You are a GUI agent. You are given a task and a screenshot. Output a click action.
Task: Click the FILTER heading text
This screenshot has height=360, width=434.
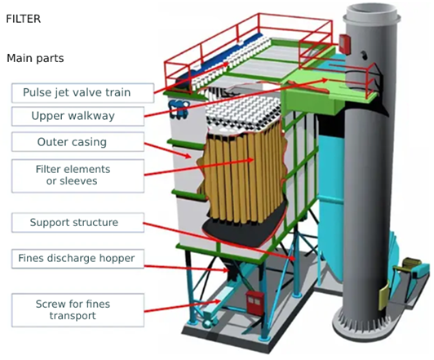[x=24, y=19]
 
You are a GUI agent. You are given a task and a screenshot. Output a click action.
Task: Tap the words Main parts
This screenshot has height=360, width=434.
[x=35, y=58]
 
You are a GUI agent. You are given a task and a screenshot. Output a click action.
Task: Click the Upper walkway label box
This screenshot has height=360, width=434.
[x=77, y=116]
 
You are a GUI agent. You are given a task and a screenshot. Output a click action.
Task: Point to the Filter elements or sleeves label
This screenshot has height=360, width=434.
[x=77, y=176]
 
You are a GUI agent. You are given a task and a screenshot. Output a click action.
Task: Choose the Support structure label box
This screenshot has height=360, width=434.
[x=77, y=222]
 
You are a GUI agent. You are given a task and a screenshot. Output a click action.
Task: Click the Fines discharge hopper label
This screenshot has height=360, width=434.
[x=77, y=259]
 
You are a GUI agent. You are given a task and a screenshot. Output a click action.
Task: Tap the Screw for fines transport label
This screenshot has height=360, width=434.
[x=77, y=310]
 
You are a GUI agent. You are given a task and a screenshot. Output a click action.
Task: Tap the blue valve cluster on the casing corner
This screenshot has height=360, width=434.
[x=179, y=109]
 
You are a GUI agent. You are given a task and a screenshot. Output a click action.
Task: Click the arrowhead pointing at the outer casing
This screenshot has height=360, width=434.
[x=188, y=156]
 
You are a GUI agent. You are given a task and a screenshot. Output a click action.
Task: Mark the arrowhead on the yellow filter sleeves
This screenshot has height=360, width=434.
[x=250, y=160]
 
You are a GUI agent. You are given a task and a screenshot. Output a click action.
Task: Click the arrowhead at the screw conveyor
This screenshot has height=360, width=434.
[x=218, y=301]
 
